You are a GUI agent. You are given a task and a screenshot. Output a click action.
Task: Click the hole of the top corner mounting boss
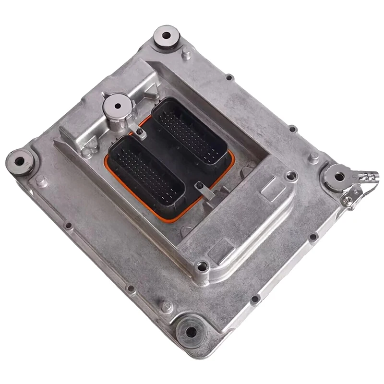tap(167, 35)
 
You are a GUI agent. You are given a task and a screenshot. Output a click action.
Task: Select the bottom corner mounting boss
tap(191, 331)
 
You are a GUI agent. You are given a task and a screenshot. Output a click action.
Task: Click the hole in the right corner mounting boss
tap(339, 176)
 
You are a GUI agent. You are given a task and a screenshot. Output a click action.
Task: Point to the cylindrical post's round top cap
tap(117, 103)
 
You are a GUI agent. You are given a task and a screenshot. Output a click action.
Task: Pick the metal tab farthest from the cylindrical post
tap(202, 191)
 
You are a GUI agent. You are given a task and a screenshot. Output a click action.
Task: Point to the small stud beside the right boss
tap(313, 158)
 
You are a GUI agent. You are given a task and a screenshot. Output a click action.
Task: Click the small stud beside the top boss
tap(186, 54)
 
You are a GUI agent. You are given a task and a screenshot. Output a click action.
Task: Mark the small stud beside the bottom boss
tap(167, 306)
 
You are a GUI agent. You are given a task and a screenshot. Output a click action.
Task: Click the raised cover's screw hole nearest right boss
tap(290, 176)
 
